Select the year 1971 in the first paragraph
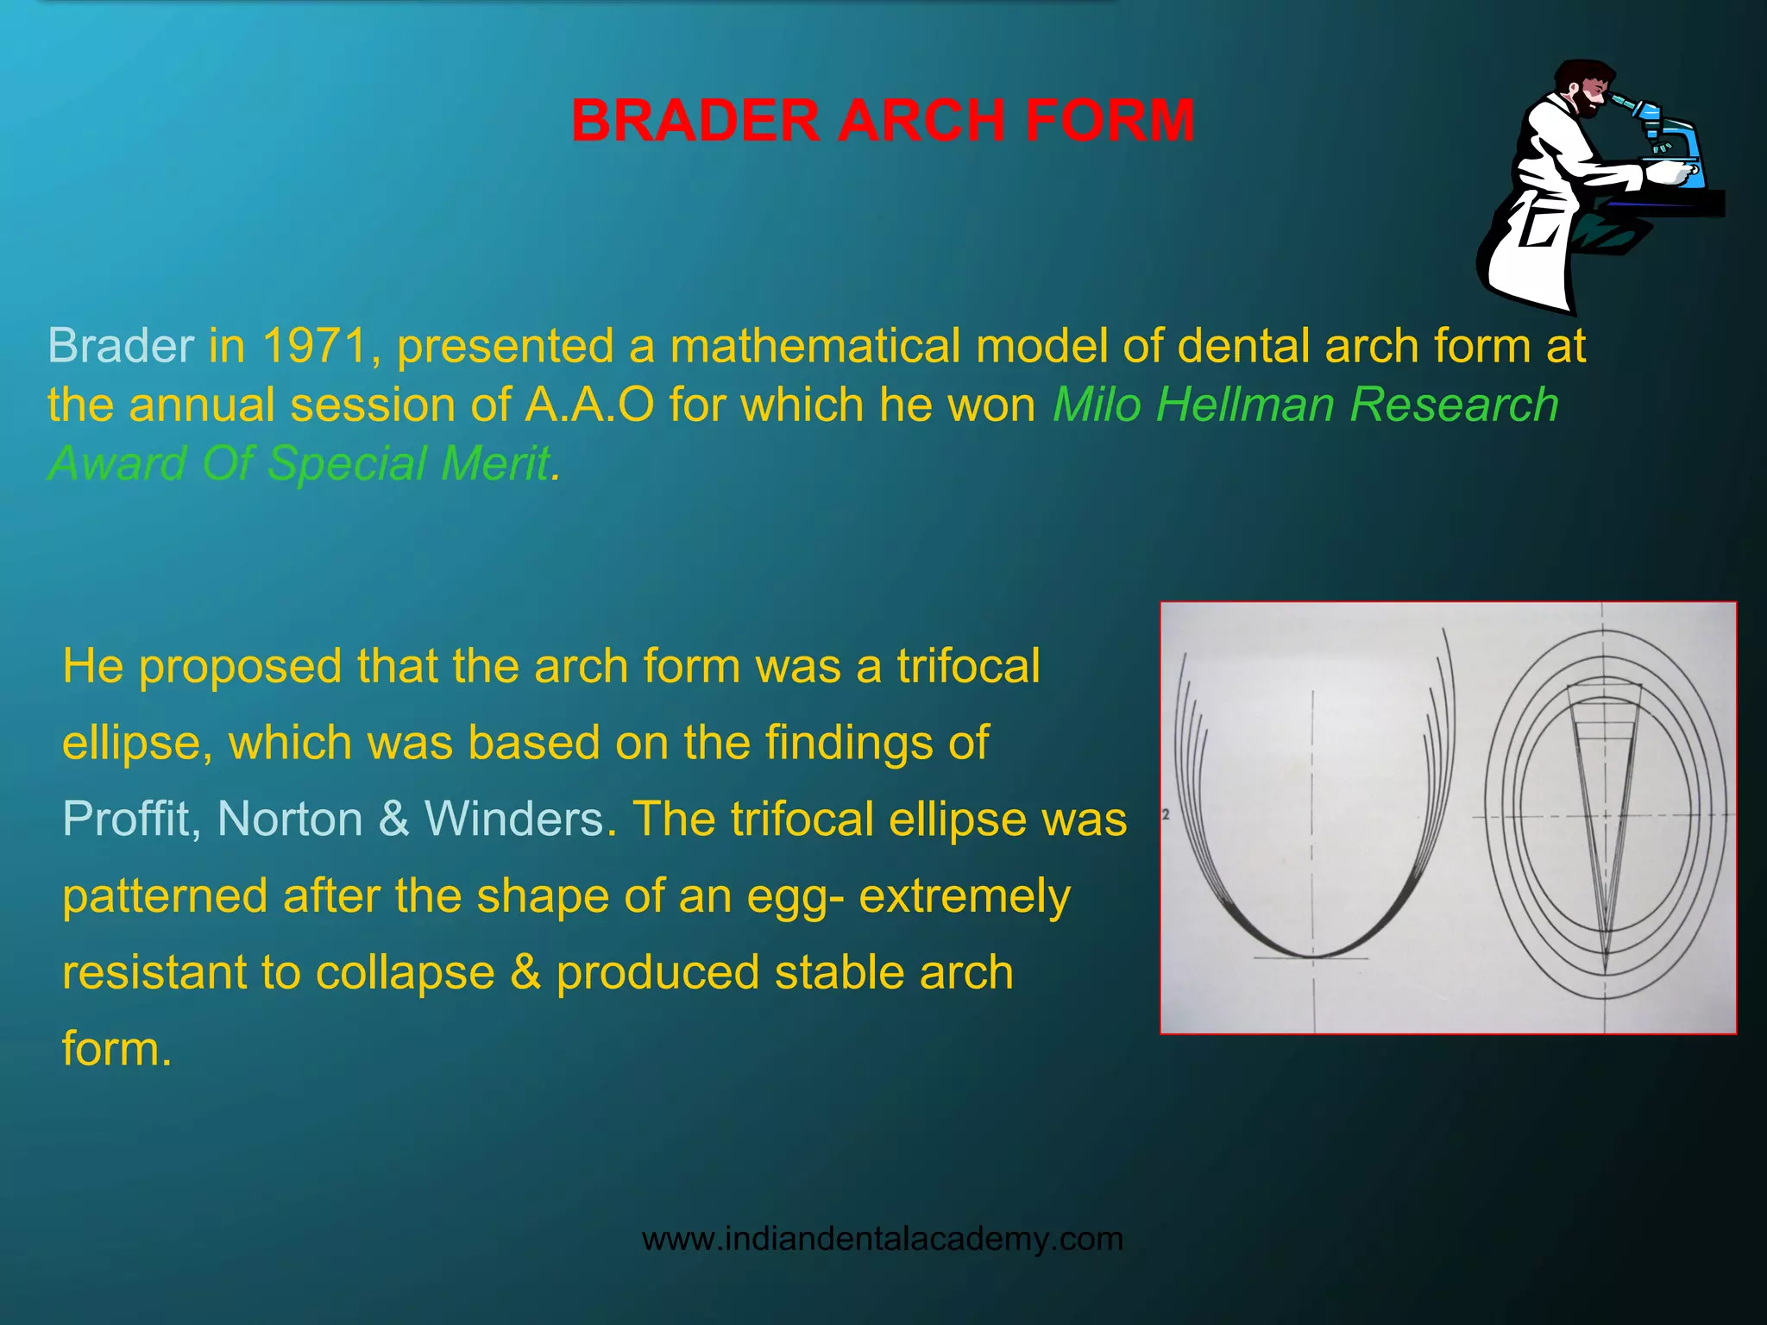[x=315, y=346]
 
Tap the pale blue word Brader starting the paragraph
[x=121, y=346]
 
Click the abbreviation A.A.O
[x=589, y=405]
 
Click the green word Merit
[x=494, y=463]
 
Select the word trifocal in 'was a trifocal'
[x=968, y=667]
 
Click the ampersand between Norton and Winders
[x=393, y=819]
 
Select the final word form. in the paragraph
[x=116, y=1049]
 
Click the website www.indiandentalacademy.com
[x=883, y=1239]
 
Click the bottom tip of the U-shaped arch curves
[x=1312, y=956]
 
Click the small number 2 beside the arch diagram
[x=1166, y=814]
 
